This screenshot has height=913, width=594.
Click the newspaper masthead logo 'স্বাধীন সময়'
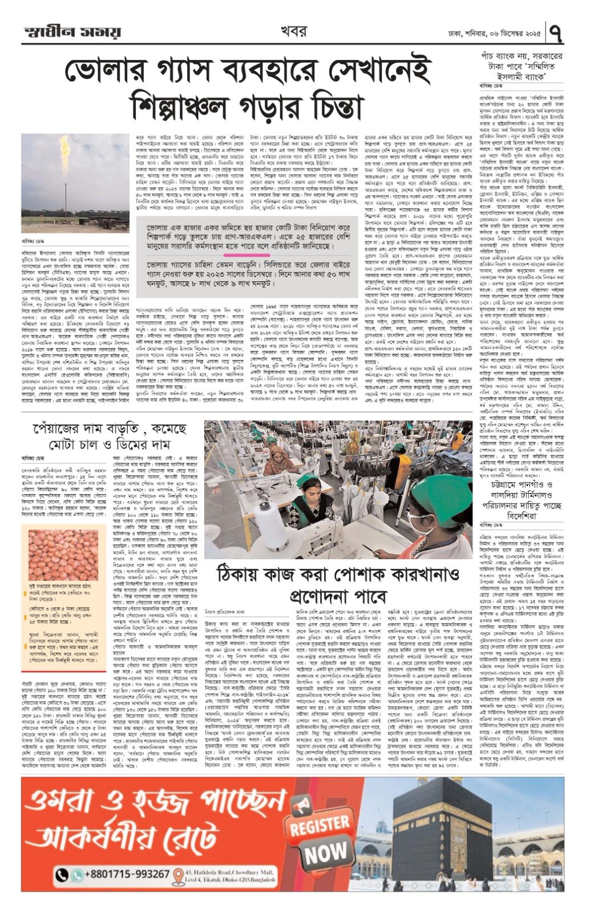coord(72,31)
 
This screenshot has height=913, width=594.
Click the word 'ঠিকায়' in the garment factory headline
coord(237,575)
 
